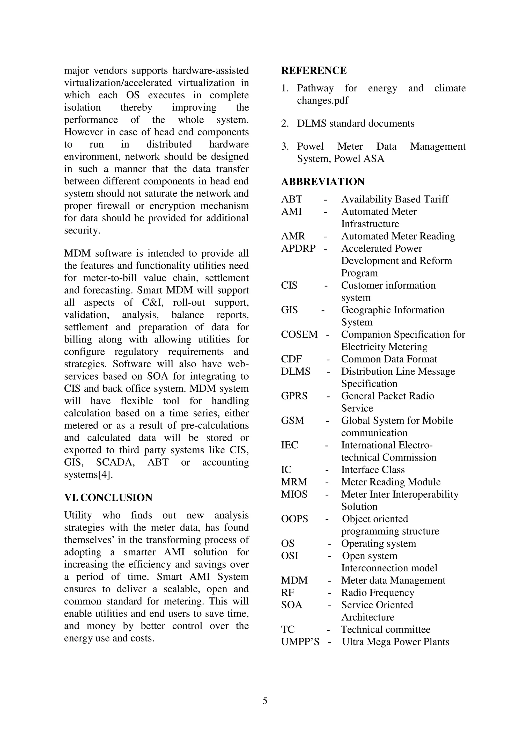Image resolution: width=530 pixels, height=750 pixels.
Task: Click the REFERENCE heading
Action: tap(314, 71)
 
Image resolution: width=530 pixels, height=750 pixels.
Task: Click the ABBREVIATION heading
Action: tap(323, 182)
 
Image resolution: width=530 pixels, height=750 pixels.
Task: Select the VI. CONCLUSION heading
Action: tap(108, 498)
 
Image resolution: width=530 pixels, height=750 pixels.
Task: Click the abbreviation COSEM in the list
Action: tap(299, 334)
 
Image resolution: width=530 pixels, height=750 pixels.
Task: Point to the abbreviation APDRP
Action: tap(298, 248)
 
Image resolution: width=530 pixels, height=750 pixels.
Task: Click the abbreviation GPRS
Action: tap(294, 396)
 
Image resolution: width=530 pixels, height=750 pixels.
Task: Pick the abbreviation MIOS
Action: tap(294, 494)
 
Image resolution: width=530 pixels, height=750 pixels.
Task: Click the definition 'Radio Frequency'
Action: tap(378, 593)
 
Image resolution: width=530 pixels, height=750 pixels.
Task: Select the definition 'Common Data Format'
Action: tap(389, 359)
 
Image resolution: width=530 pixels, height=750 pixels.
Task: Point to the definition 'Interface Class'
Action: tap(373, 470)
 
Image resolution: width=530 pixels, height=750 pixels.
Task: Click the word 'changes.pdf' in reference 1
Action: tap(322, 100)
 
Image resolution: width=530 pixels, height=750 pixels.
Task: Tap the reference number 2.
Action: tap(284, 123)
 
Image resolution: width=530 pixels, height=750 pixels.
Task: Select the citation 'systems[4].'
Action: tap(89, 475)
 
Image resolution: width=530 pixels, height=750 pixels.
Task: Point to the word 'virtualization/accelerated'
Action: tap(118, 83)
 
